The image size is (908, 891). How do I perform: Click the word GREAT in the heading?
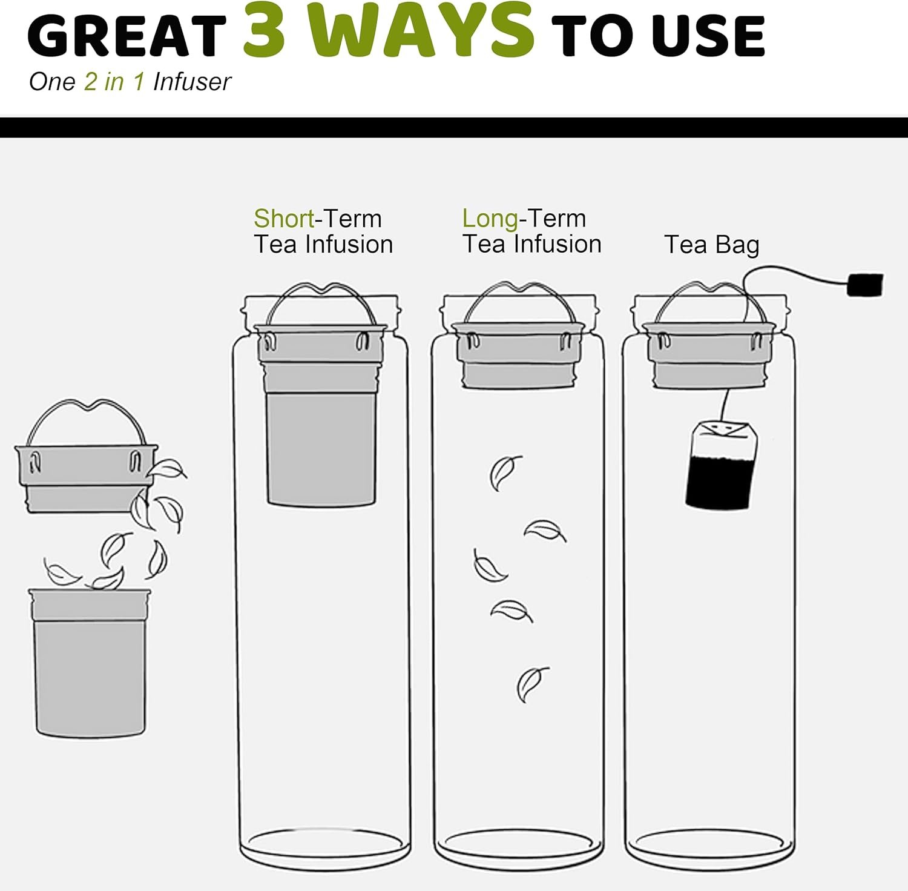[x=127, y=36]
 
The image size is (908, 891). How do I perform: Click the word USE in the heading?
[x=709, y=36]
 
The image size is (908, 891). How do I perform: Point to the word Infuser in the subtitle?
[x=192, y=82]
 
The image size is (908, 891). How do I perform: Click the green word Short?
[x=284, y=218]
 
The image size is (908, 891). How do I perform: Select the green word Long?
[x=490, y=219]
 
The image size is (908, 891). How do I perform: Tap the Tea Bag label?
[x=712, y=245]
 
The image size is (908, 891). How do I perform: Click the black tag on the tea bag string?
[x=865, y=285]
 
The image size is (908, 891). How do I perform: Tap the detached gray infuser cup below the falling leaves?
[x=90, y=663]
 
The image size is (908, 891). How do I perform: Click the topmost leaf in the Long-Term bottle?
[x=505, y=472]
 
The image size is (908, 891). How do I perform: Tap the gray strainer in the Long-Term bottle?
[x=518, y=356]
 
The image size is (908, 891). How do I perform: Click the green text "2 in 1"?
[x=114, y=82]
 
